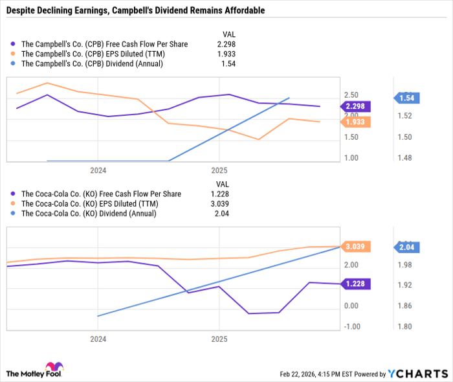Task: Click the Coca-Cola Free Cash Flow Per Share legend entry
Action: tap(101, 194)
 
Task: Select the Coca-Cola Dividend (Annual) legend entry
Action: tap(93, 214)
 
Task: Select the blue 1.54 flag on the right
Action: tap(408, 98)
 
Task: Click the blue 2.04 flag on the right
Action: tap(408, 247)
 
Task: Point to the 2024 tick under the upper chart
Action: tap(98, 170)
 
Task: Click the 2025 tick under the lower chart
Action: tap(219, 339)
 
